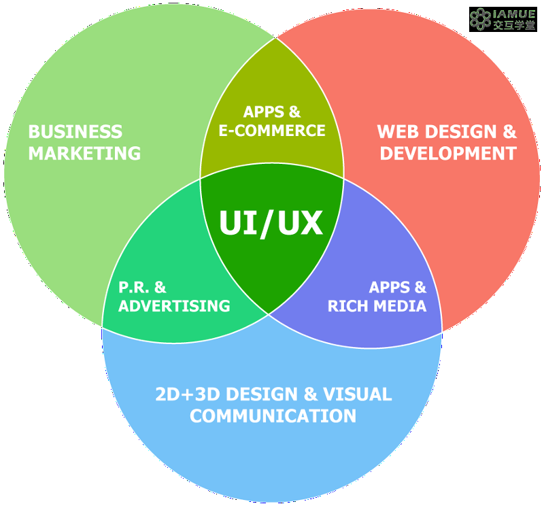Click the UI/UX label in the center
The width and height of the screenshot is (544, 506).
coord(271,223)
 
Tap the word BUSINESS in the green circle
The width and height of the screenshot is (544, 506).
coord(75,132)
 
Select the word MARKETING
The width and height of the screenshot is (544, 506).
coord(84,154)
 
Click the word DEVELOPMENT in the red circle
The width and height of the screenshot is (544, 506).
coord(448,154)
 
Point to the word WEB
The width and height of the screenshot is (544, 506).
coord(398,132)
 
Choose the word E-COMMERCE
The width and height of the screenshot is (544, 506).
coord(272,131)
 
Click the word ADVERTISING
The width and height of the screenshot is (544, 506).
coord(174,306)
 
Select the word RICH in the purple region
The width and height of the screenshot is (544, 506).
coord(347,306)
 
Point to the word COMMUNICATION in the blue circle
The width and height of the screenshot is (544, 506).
coord(273,416)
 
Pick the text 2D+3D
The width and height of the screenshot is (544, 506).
coord(188,394)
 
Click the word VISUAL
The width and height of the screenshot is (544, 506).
coord(358,394)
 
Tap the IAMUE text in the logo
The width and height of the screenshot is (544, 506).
coord(515,14)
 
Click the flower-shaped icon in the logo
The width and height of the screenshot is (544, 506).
coord(481,19)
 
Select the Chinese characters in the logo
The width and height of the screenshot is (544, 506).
coord(515,25)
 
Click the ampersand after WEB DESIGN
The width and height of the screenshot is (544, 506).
coord(509,132)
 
